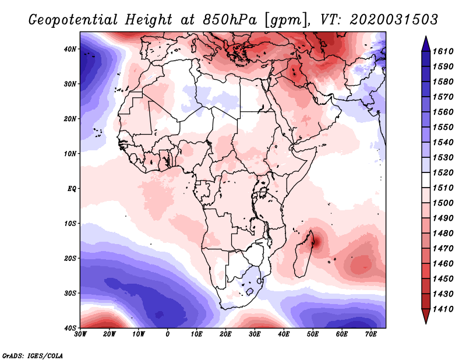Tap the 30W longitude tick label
click(80, 334)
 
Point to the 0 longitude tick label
click(168, 334)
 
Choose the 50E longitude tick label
click(313, 334)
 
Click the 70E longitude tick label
click(371, 334)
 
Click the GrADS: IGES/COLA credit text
click(33, 355)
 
